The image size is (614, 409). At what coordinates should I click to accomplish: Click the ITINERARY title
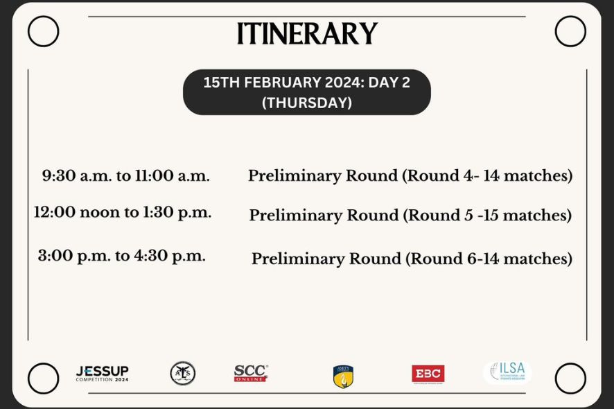tap(307, 33)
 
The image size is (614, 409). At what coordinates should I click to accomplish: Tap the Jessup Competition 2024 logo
tap(102, 374)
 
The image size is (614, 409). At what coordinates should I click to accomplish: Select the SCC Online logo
tap(251, 373)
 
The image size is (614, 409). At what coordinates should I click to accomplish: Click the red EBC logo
tap(428, 374)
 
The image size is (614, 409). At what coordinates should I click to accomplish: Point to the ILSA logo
tap(508, 372)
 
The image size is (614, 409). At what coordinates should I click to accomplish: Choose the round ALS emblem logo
tap(183, 374)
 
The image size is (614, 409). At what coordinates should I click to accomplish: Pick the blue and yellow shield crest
tap(343, 376)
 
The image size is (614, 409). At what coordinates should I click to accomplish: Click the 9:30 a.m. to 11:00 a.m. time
tap(126, 175)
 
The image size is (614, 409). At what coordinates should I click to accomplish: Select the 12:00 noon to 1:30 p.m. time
tap(123, 212)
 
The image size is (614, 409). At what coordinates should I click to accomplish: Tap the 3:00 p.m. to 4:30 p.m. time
tap(122, 256)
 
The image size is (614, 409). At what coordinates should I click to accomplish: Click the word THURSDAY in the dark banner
tap(307, 103)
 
